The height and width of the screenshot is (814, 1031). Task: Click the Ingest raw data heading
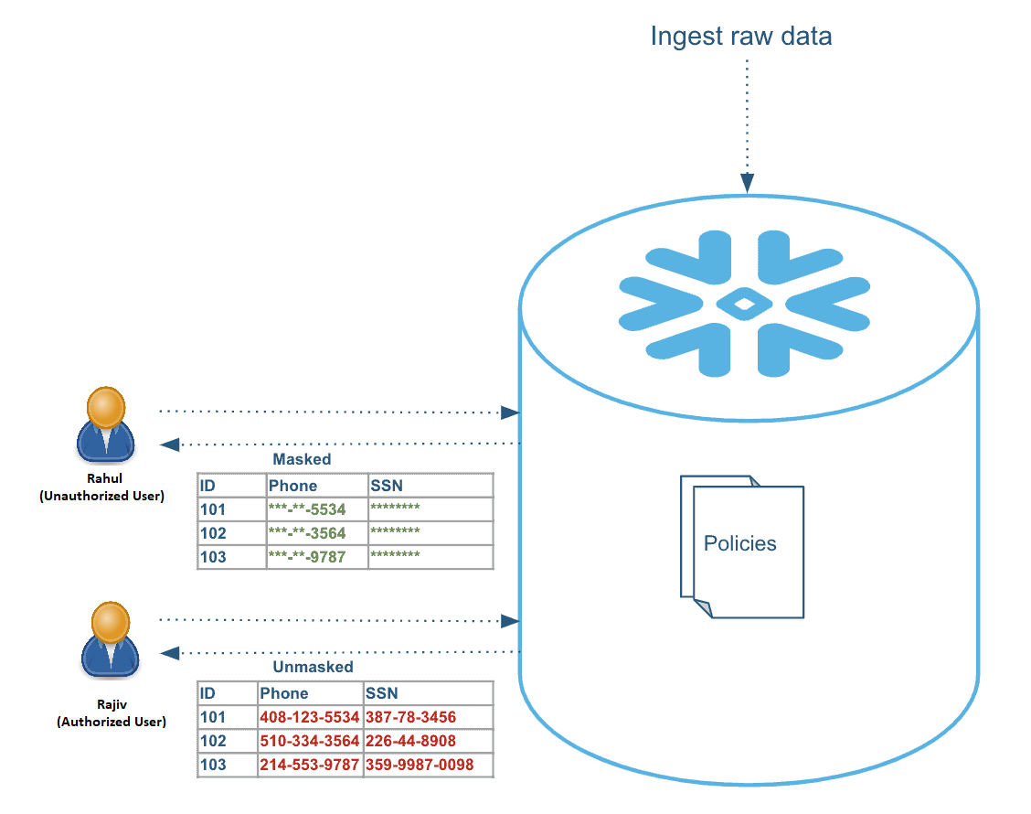point(740,37)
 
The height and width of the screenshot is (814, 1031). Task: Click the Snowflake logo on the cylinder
point(744,304)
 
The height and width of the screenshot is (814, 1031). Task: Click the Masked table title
point(302,459)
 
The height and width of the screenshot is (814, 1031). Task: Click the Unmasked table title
point(313,667)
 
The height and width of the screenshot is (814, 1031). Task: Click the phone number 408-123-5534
point(309,717)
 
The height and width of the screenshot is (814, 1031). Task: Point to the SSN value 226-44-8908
point(410,741)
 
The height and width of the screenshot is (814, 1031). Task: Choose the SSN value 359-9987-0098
point(420,765)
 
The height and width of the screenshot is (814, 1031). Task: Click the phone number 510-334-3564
point(309,741)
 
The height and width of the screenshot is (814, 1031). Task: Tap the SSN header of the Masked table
point(387,486)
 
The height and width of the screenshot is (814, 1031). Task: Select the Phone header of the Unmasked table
point(283,693)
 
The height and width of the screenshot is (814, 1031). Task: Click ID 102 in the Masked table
point(213,533)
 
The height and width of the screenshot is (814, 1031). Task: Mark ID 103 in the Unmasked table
point(213,765)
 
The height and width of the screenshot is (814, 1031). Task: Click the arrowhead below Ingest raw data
point(748,184)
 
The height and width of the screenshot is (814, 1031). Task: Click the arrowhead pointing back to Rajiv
point(169,652)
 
